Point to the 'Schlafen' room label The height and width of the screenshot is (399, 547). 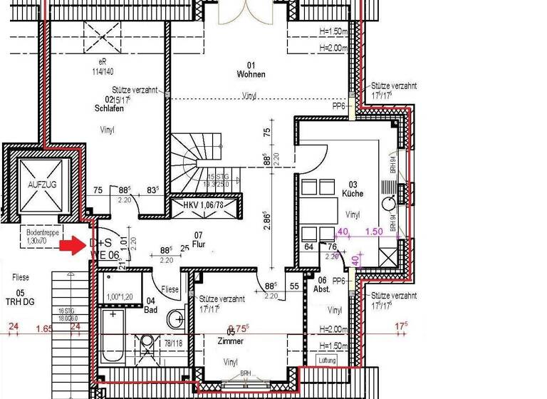pos(109,108)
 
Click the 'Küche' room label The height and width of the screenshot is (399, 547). pos(352,193)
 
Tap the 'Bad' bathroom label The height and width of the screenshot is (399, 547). pos(151,309)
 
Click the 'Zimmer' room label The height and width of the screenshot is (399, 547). pos(230,341)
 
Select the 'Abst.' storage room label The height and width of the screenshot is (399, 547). pos(321,290)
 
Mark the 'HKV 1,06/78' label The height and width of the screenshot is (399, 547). pos(202,205)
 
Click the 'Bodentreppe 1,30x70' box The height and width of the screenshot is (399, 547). pos(41,237)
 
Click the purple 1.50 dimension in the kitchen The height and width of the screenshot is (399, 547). pos(374,232)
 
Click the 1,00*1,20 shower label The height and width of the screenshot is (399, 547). pos(120,296)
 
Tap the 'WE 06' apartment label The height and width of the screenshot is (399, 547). pos(105,254)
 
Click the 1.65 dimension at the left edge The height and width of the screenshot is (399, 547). pos(44,328)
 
